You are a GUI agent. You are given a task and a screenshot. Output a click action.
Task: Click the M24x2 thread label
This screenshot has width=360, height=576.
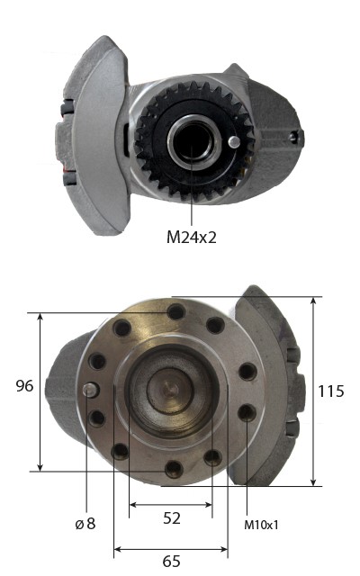tap(192, 238)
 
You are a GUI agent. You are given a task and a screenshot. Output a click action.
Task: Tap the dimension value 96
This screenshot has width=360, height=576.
tap(24, 386)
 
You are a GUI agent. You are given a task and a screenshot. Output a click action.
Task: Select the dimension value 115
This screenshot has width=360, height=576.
tap(330, 391)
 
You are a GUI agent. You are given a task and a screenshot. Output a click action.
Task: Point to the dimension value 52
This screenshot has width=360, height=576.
tap(172, 518)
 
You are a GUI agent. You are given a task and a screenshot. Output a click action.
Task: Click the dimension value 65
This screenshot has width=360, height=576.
tap(171, 562)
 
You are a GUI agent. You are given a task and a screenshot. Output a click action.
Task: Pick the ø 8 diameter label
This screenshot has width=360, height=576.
tap(85, 524)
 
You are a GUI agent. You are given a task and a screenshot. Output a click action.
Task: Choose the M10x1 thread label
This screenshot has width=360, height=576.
tap(261, 526)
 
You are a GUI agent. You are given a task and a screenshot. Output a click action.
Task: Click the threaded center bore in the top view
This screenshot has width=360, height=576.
tap(193, 141)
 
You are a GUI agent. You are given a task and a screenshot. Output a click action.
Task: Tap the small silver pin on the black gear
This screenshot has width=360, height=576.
tap(234, 142)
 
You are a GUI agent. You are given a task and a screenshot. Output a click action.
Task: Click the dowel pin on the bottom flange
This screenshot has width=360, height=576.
tap(90, 390)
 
